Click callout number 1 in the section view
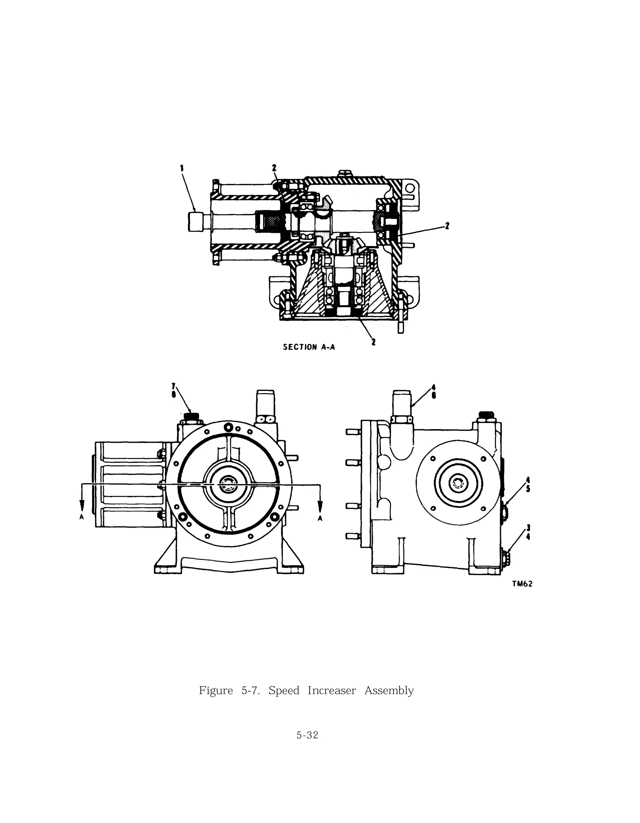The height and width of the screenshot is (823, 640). (182, 168)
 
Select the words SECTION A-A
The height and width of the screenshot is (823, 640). (308, 347)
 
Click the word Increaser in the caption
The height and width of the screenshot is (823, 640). (332, 691)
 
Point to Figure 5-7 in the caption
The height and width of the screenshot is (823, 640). (229, 691)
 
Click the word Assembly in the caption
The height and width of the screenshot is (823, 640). (389, 691)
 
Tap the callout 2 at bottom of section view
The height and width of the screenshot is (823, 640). (373, 342)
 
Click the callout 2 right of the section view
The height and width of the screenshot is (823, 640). (447, 226)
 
